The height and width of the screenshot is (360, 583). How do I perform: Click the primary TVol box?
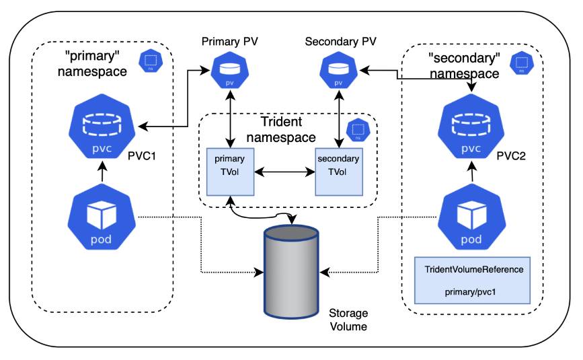tap(231, 172)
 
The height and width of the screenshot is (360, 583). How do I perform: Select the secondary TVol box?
tap(339, 172)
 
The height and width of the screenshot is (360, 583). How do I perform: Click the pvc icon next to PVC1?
tap(100, 128)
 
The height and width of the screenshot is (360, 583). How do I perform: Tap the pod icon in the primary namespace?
tap(100, 218)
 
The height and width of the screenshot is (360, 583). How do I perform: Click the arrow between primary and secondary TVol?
tap(284, 173)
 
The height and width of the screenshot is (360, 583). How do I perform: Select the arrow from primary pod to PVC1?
tap(100, 174)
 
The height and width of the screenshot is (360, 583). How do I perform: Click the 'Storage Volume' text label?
tap(348, 320)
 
